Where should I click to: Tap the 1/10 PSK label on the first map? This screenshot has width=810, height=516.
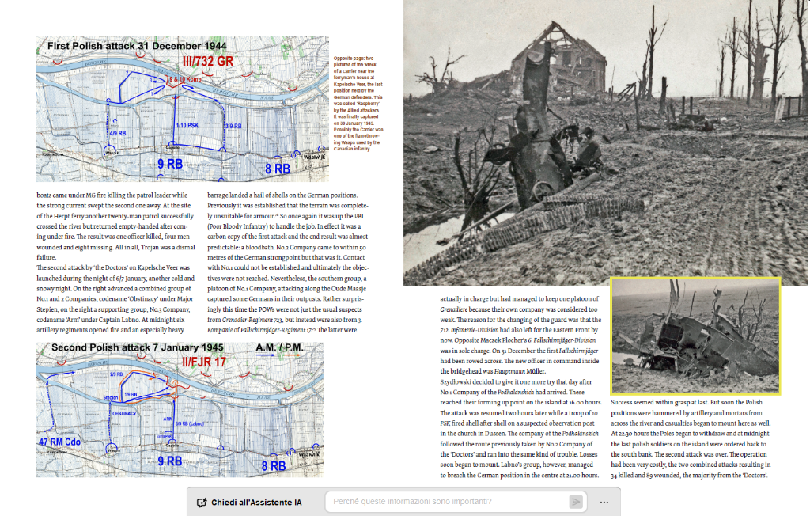click(187, 126)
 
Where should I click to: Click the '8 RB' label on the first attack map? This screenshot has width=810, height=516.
click(277, 169)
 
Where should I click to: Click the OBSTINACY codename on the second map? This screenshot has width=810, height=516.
click(125, 413)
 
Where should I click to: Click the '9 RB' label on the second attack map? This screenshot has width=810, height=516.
click(169, 460)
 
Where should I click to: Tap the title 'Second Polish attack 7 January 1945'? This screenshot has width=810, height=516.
click(138, 348)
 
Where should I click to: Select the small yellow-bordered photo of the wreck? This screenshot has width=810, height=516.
click(695, 336)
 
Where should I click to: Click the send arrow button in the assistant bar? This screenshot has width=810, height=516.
click(576, 502)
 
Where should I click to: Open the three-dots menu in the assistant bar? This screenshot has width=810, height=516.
click(604, 502)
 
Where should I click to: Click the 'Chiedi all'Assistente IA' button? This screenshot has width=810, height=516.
click(249, 502)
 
